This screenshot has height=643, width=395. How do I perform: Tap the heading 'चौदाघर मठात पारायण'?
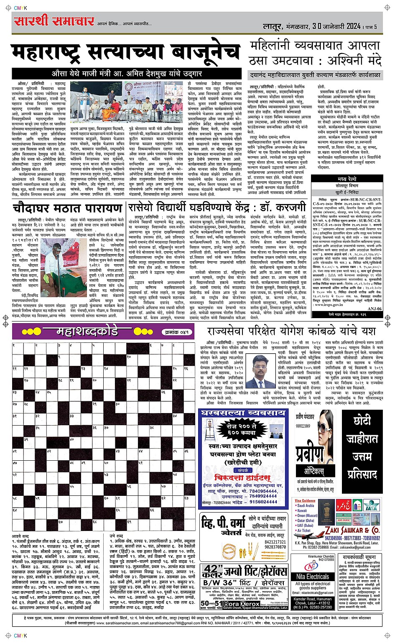(67, 208)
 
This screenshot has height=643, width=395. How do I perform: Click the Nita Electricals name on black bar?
(313, 577)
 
